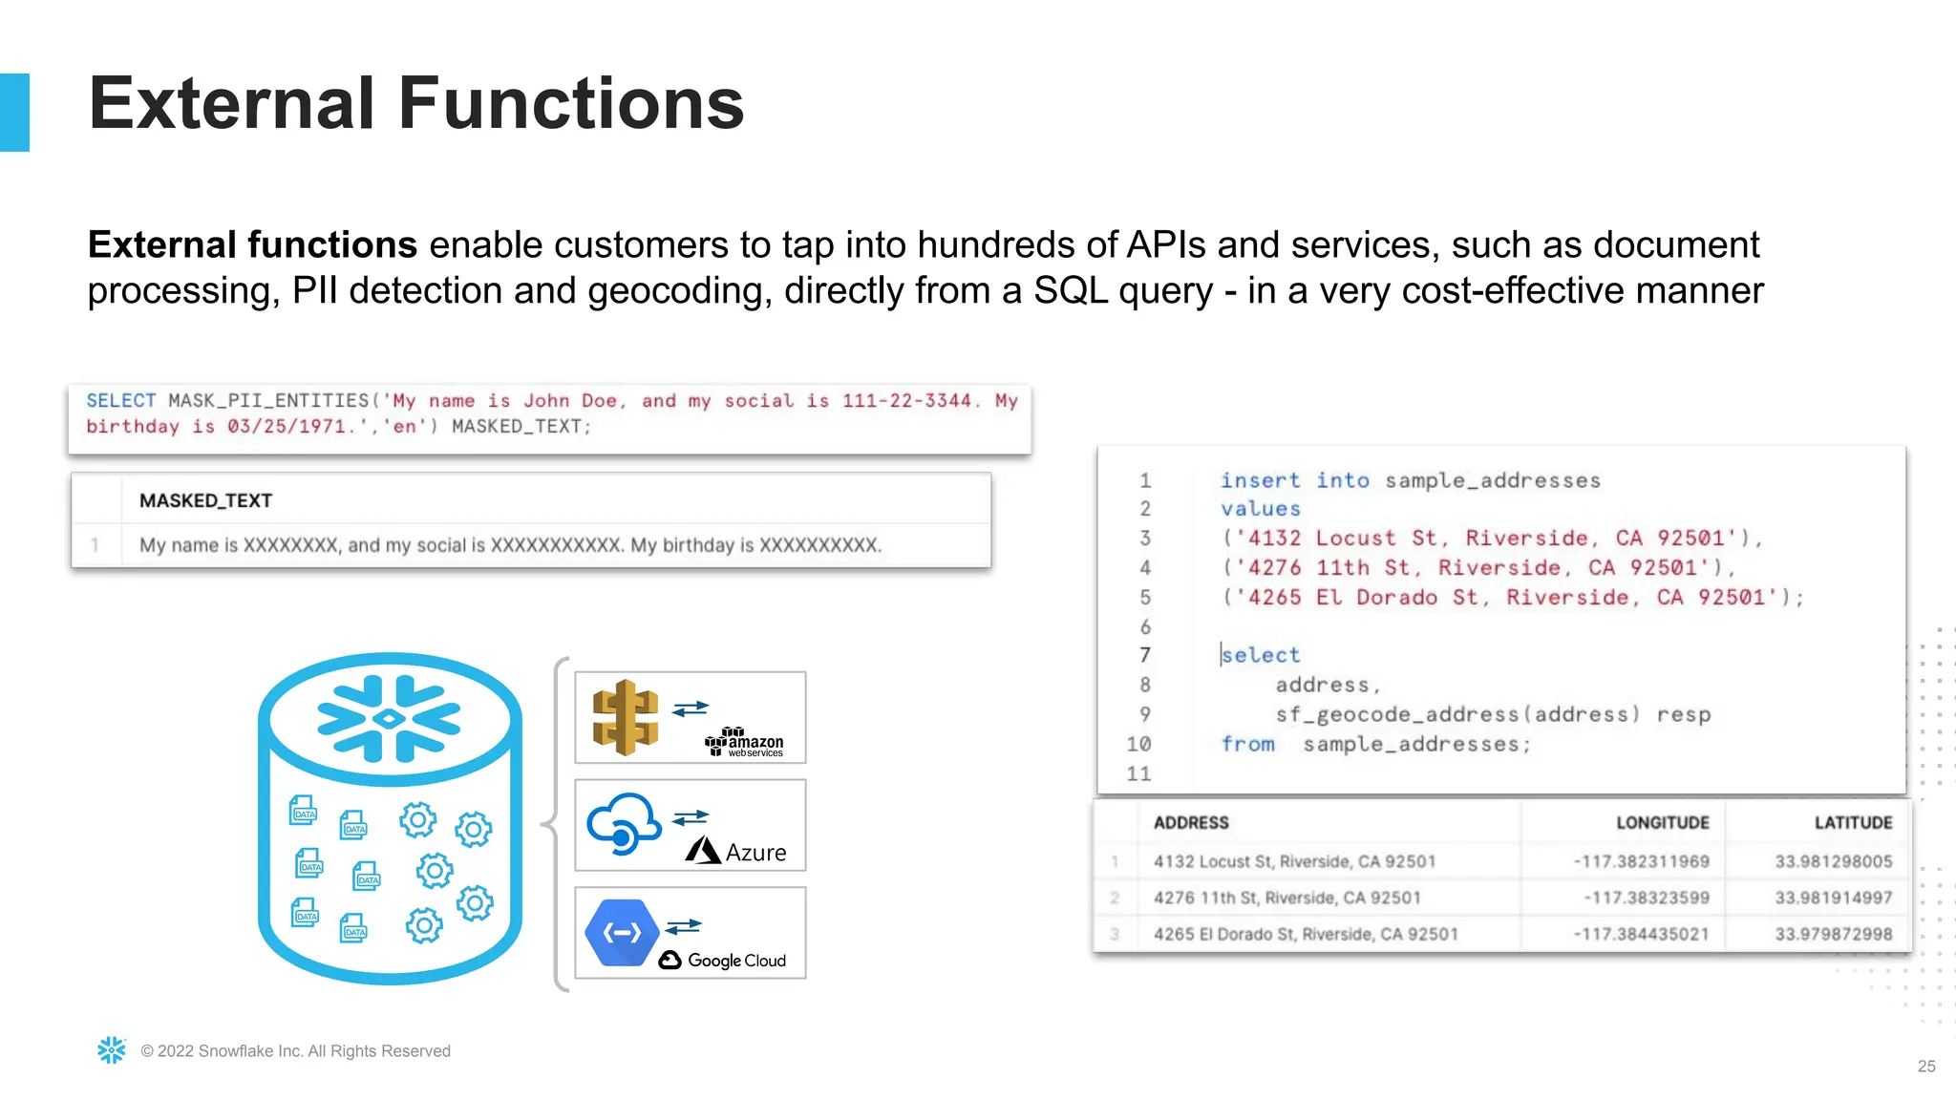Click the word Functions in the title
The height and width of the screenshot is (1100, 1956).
coord(570,103)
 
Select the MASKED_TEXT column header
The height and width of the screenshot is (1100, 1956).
coord(205,500)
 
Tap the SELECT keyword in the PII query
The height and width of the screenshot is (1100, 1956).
coord(120,401)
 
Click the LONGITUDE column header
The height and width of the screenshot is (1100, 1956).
coord(1662,822)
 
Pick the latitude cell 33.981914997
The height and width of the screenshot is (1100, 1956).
coord(1833,898)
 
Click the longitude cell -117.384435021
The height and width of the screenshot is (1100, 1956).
coord(1641,934)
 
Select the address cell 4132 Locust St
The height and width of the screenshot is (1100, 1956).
coord(1294,861)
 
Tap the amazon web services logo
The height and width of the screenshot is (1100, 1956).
coord(744,742)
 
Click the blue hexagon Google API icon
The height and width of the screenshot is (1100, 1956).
coord(622,932)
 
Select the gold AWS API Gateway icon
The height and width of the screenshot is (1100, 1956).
coord(625,717)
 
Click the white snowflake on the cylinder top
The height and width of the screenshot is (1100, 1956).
coord(389,718)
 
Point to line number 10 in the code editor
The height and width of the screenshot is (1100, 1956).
coord(1138,744)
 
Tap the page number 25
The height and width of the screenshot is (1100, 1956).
coord(1925,1066)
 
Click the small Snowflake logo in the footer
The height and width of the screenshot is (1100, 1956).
coord(112,1050)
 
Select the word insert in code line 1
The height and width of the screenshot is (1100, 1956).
coord(1260,480)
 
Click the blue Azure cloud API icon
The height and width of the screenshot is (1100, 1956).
coord(623,823)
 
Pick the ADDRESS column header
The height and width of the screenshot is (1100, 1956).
coord(1190,822)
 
